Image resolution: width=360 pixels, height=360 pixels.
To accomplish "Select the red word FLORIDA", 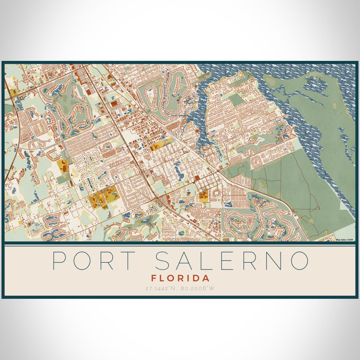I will (180, 278).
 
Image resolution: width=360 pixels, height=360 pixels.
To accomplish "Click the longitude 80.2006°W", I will (199, 289).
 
